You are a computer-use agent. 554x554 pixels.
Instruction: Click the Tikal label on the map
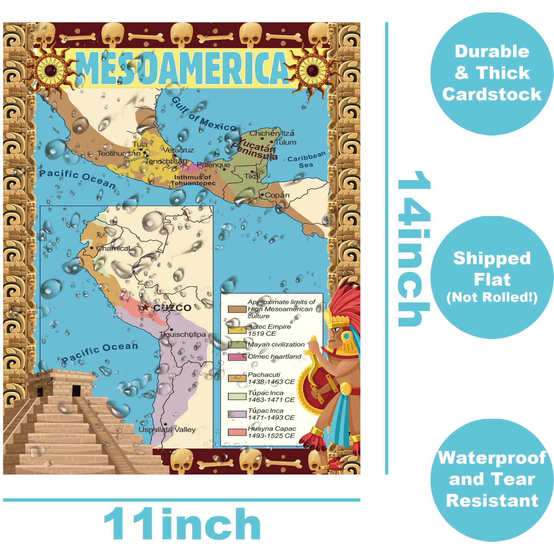point(252,176)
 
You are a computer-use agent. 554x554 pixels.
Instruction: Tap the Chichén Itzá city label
point(271,133)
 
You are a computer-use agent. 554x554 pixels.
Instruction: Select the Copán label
point(277,195)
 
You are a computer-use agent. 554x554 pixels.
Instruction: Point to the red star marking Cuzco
point(146,308)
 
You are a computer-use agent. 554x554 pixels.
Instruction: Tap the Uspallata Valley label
point(167,430)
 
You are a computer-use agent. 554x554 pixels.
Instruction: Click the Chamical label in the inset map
point(113,248)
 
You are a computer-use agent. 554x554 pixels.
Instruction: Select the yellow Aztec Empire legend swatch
point(237,330)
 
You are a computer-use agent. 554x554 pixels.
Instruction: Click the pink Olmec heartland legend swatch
point(237,357)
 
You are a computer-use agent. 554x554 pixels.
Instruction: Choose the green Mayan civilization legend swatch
point(237,345)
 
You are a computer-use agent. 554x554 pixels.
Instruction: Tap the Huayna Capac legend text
point(271,432)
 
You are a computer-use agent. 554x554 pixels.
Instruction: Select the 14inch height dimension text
point(413,248)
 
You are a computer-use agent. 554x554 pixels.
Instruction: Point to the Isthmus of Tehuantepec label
point(193,180)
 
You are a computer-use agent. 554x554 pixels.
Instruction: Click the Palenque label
point(213,165)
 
